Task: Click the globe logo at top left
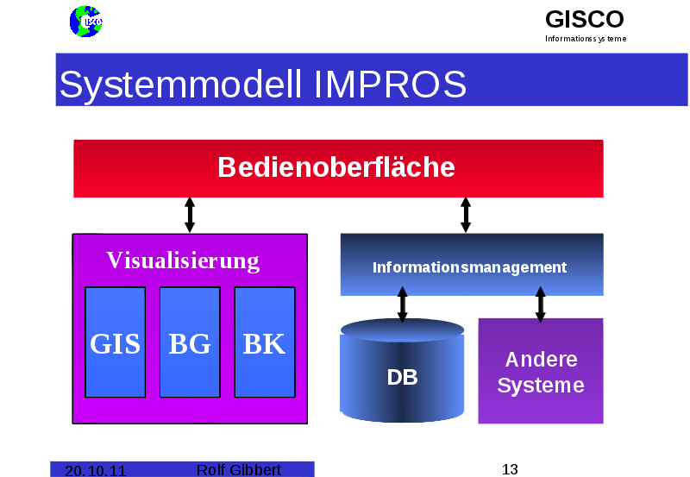coord(85,22)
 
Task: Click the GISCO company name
coord(584,19)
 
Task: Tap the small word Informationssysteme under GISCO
coord(586,39)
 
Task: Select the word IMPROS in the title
coord(390,85)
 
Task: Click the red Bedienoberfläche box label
coord(336,166)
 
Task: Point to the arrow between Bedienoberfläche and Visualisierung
coord(190,215)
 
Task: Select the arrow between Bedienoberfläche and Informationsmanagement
coord(466,215)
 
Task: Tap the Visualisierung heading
coord(183,260)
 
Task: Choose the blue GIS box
coord(116,342)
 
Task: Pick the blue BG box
coord(190,342)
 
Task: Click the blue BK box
coord(264,342)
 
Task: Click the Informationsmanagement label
coord(470,267)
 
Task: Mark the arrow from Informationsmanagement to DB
coord(402,304)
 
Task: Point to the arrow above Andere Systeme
coord(541,304)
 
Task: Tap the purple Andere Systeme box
coord(541,372)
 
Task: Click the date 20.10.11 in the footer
coord(95,470)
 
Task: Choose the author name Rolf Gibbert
coord(239,469)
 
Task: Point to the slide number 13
coord(510,469)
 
